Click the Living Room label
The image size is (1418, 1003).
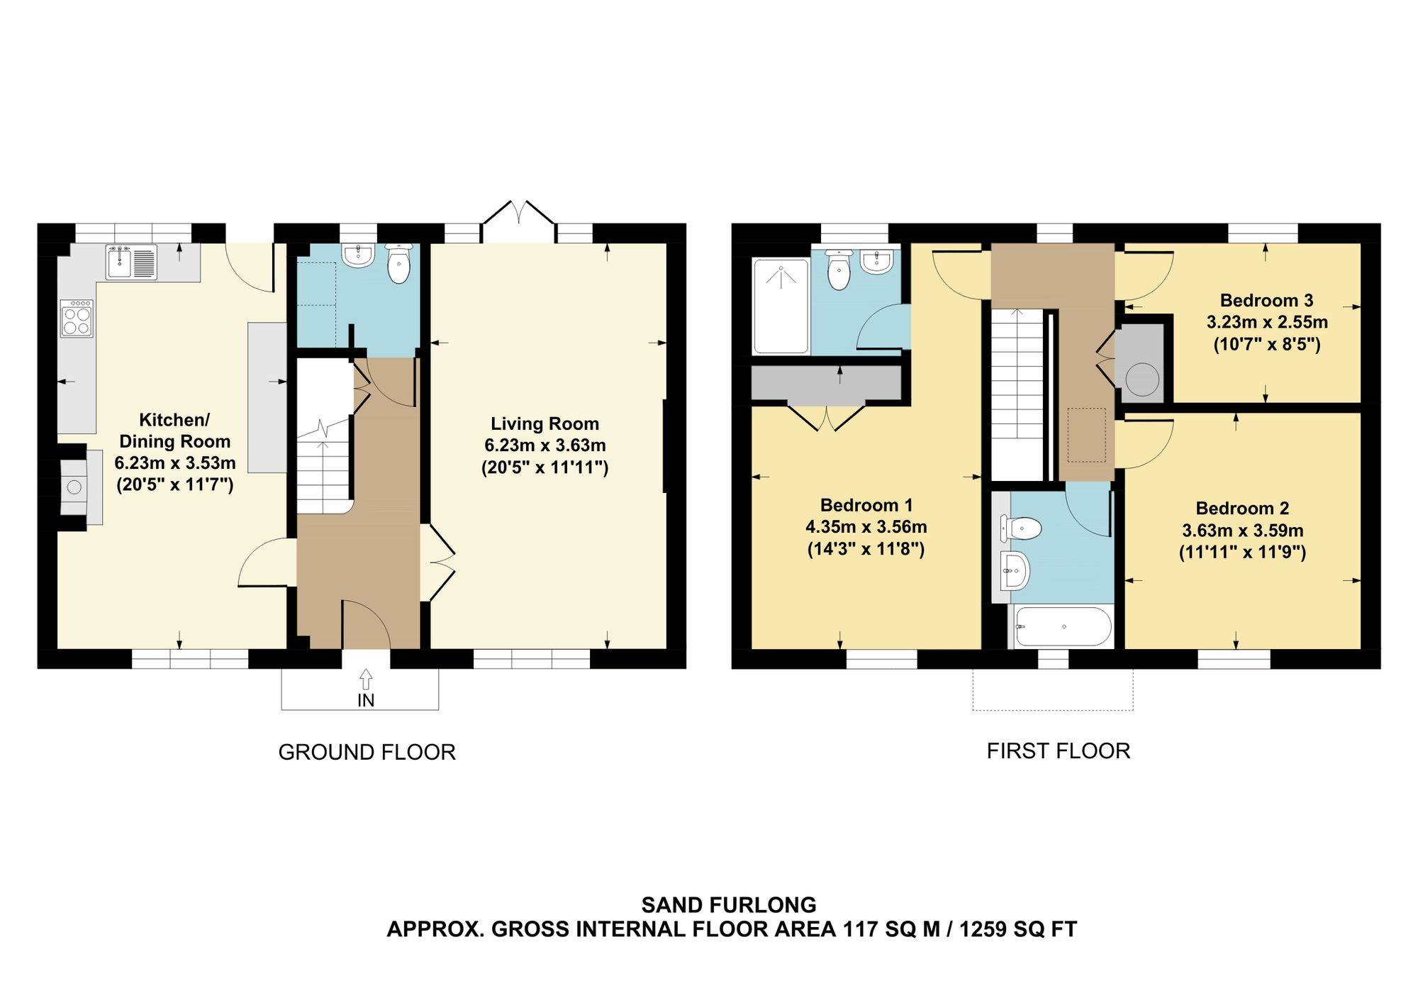(x=545, y=423)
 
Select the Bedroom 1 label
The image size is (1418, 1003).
(x=866, y=505)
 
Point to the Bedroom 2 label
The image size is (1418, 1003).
(x=1242, y=509)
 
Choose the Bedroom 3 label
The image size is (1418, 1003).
(x=1266, y=300)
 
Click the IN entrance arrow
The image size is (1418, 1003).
(x=366, y=679)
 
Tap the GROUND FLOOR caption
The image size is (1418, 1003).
(x=367, y=752)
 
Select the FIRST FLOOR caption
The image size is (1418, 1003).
(x=1059, y=750)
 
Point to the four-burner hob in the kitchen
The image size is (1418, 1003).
(x=77, y=318)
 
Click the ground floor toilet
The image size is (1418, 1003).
(x=399, y=263)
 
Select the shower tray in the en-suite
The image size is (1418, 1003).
(x=781, y=306)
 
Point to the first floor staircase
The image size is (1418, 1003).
(x=1018, y=394)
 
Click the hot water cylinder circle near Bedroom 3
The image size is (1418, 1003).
(x=1141, y=379)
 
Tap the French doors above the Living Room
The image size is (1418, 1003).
(x=518, y=213)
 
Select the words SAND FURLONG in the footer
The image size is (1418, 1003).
(x=729, y=905)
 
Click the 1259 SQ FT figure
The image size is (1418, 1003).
(x=1018, y=929)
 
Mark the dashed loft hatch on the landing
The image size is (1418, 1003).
(x=1086, y=435)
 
